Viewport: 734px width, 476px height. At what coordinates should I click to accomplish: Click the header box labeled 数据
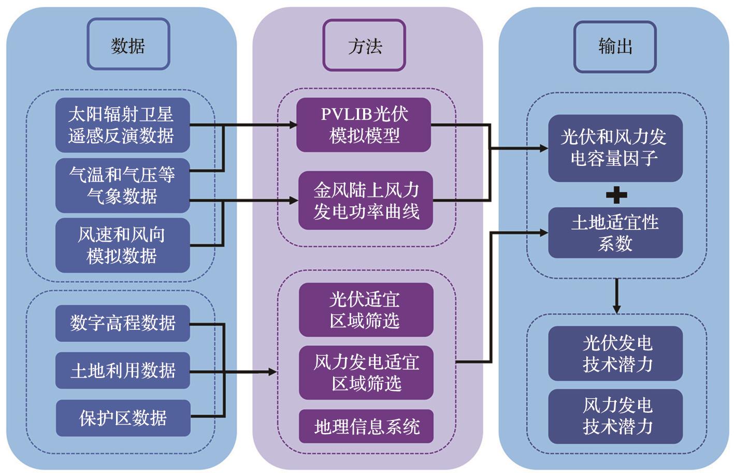click(x=128, y=45)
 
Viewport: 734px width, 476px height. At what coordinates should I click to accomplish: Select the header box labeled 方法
click(x=364, y=46)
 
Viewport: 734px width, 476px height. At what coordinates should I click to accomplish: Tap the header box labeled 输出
click(x=615, y=46)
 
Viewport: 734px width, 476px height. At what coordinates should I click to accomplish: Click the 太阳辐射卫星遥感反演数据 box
click(x=122, y=125)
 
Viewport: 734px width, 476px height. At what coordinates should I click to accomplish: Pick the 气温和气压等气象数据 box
click(x=122, y=185)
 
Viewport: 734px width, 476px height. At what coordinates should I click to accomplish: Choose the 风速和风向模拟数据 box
click(x=122, y=245)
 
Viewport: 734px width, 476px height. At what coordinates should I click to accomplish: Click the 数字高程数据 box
click(x=122, y=324)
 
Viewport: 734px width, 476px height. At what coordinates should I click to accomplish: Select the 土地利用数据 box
click(x=122, y=371)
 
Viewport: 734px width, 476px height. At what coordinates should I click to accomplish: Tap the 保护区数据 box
click(x=122, y=418)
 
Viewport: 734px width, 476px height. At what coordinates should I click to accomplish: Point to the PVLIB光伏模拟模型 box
click(x=364, y=125)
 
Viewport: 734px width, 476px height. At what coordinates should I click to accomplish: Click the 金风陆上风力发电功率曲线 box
click(x=366, y=201)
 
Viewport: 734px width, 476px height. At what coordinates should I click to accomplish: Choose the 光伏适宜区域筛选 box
click(x=366, y=310)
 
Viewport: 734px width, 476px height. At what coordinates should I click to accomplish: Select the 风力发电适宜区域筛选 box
click(x=366, y=373)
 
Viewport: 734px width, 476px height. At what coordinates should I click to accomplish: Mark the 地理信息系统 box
click(x=366, y=427)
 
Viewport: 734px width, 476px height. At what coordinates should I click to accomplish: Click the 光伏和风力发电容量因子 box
click(x=615, y=148)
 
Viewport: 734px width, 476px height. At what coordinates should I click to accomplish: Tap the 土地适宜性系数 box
click(x=615, y=233)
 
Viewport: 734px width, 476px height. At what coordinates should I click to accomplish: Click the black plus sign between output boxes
click(x=616, y=195)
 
